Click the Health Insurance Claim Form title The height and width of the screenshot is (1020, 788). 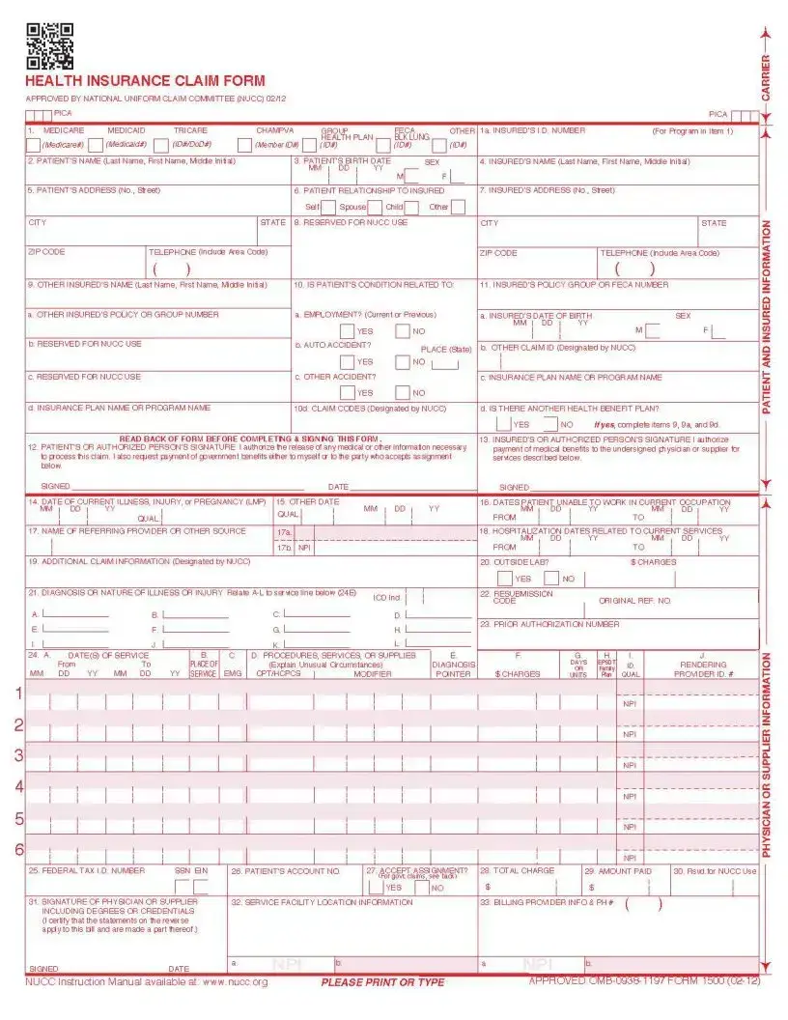[x=145, y=81]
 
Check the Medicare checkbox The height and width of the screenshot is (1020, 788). [x=33, y=145]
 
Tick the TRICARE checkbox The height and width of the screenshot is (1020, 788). [x=161, y=145]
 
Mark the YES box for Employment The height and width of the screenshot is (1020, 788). [x=347, y=331]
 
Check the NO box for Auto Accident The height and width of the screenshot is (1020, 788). [x=403, y=362]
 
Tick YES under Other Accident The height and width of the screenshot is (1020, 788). [x=347, y=393]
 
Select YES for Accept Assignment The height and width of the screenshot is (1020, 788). [x=376, y=887]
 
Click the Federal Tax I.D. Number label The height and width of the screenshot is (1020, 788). [x=87, y=870]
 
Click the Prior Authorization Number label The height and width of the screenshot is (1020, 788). [x=549, y=624]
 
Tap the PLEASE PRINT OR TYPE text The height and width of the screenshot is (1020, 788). [x=382, y=982]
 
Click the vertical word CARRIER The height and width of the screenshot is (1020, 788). [x=766, y=77]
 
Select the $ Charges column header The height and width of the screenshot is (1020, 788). [x=518, y=674]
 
